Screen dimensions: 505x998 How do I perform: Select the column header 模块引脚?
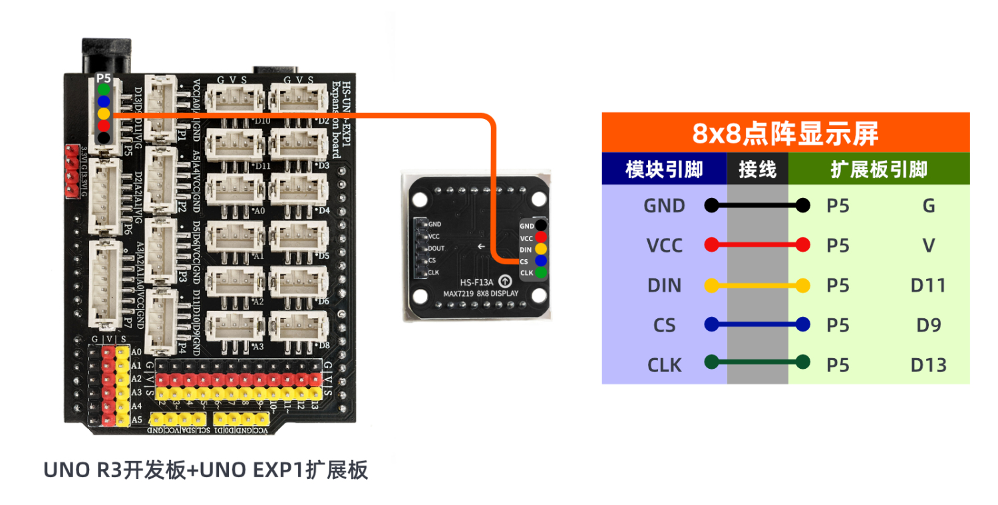664,170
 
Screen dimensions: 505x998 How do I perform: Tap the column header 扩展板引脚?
879,170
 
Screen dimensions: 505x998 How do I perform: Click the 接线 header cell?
757,170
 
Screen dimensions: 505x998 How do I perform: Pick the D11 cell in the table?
928,285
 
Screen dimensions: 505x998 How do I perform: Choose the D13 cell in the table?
928,365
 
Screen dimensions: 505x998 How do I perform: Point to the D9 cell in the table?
928,325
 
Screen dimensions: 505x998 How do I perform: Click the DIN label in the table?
664,286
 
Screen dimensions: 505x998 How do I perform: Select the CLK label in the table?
664,365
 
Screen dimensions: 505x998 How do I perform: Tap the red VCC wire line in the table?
757,245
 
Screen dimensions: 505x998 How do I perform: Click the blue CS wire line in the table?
757,324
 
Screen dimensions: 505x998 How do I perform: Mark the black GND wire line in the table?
757,205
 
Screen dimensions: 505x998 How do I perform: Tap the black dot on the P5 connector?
103,138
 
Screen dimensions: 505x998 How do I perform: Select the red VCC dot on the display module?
541,237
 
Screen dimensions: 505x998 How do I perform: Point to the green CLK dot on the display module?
541,272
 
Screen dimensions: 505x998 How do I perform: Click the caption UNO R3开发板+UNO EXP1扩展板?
206,470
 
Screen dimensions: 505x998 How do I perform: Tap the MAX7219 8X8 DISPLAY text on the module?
480,293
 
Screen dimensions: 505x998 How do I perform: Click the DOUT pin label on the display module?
436,248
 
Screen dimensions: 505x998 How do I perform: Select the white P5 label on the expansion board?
103,78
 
